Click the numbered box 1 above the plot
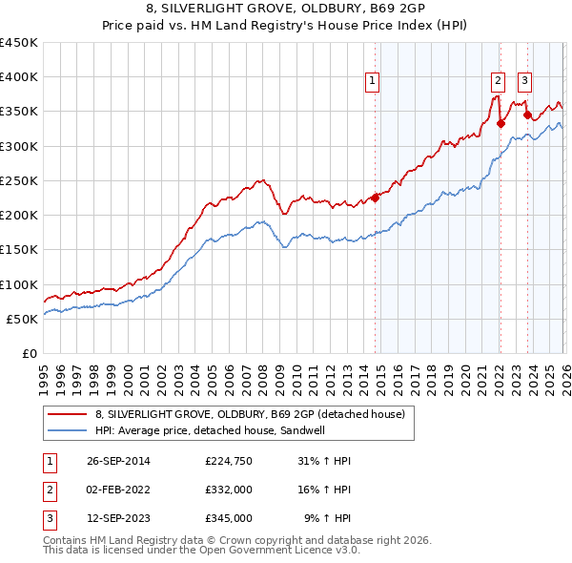(x=372, y=81)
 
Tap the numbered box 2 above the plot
(x=498, y=81)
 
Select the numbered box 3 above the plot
(x=525, y=81)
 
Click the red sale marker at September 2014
(x=375, y=198)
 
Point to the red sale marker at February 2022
(x=500, y=122)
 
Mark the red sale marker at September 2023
(x=527, y=115)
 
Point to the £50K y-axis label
(x=23, y=319)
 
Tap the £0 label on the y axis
(x=30, y=353)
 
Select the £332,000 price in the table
(x=228, y=490)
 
